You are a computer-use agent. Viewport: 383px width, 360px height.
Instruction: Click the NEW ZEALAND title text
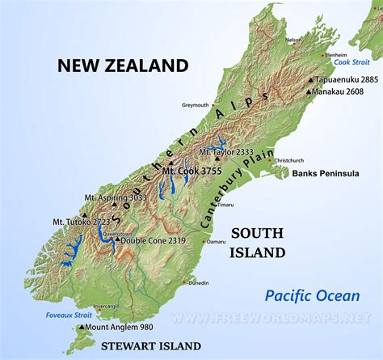click(123, 66)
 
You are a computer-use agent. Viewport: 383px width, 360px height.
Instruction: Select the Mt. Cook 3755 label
click(192, 171)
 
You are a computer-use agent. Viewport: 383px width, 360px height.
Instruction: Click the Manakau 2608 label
click(342, 93)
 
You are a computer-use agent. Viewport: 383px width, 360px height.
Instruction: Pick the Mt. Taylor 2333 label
click(237, 151)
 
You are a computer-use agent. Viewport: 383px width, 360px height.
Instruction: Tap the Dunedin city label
click(198, 282)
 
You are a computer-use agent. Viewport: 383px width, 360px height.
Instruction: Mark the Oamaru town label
click(217, 241)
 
